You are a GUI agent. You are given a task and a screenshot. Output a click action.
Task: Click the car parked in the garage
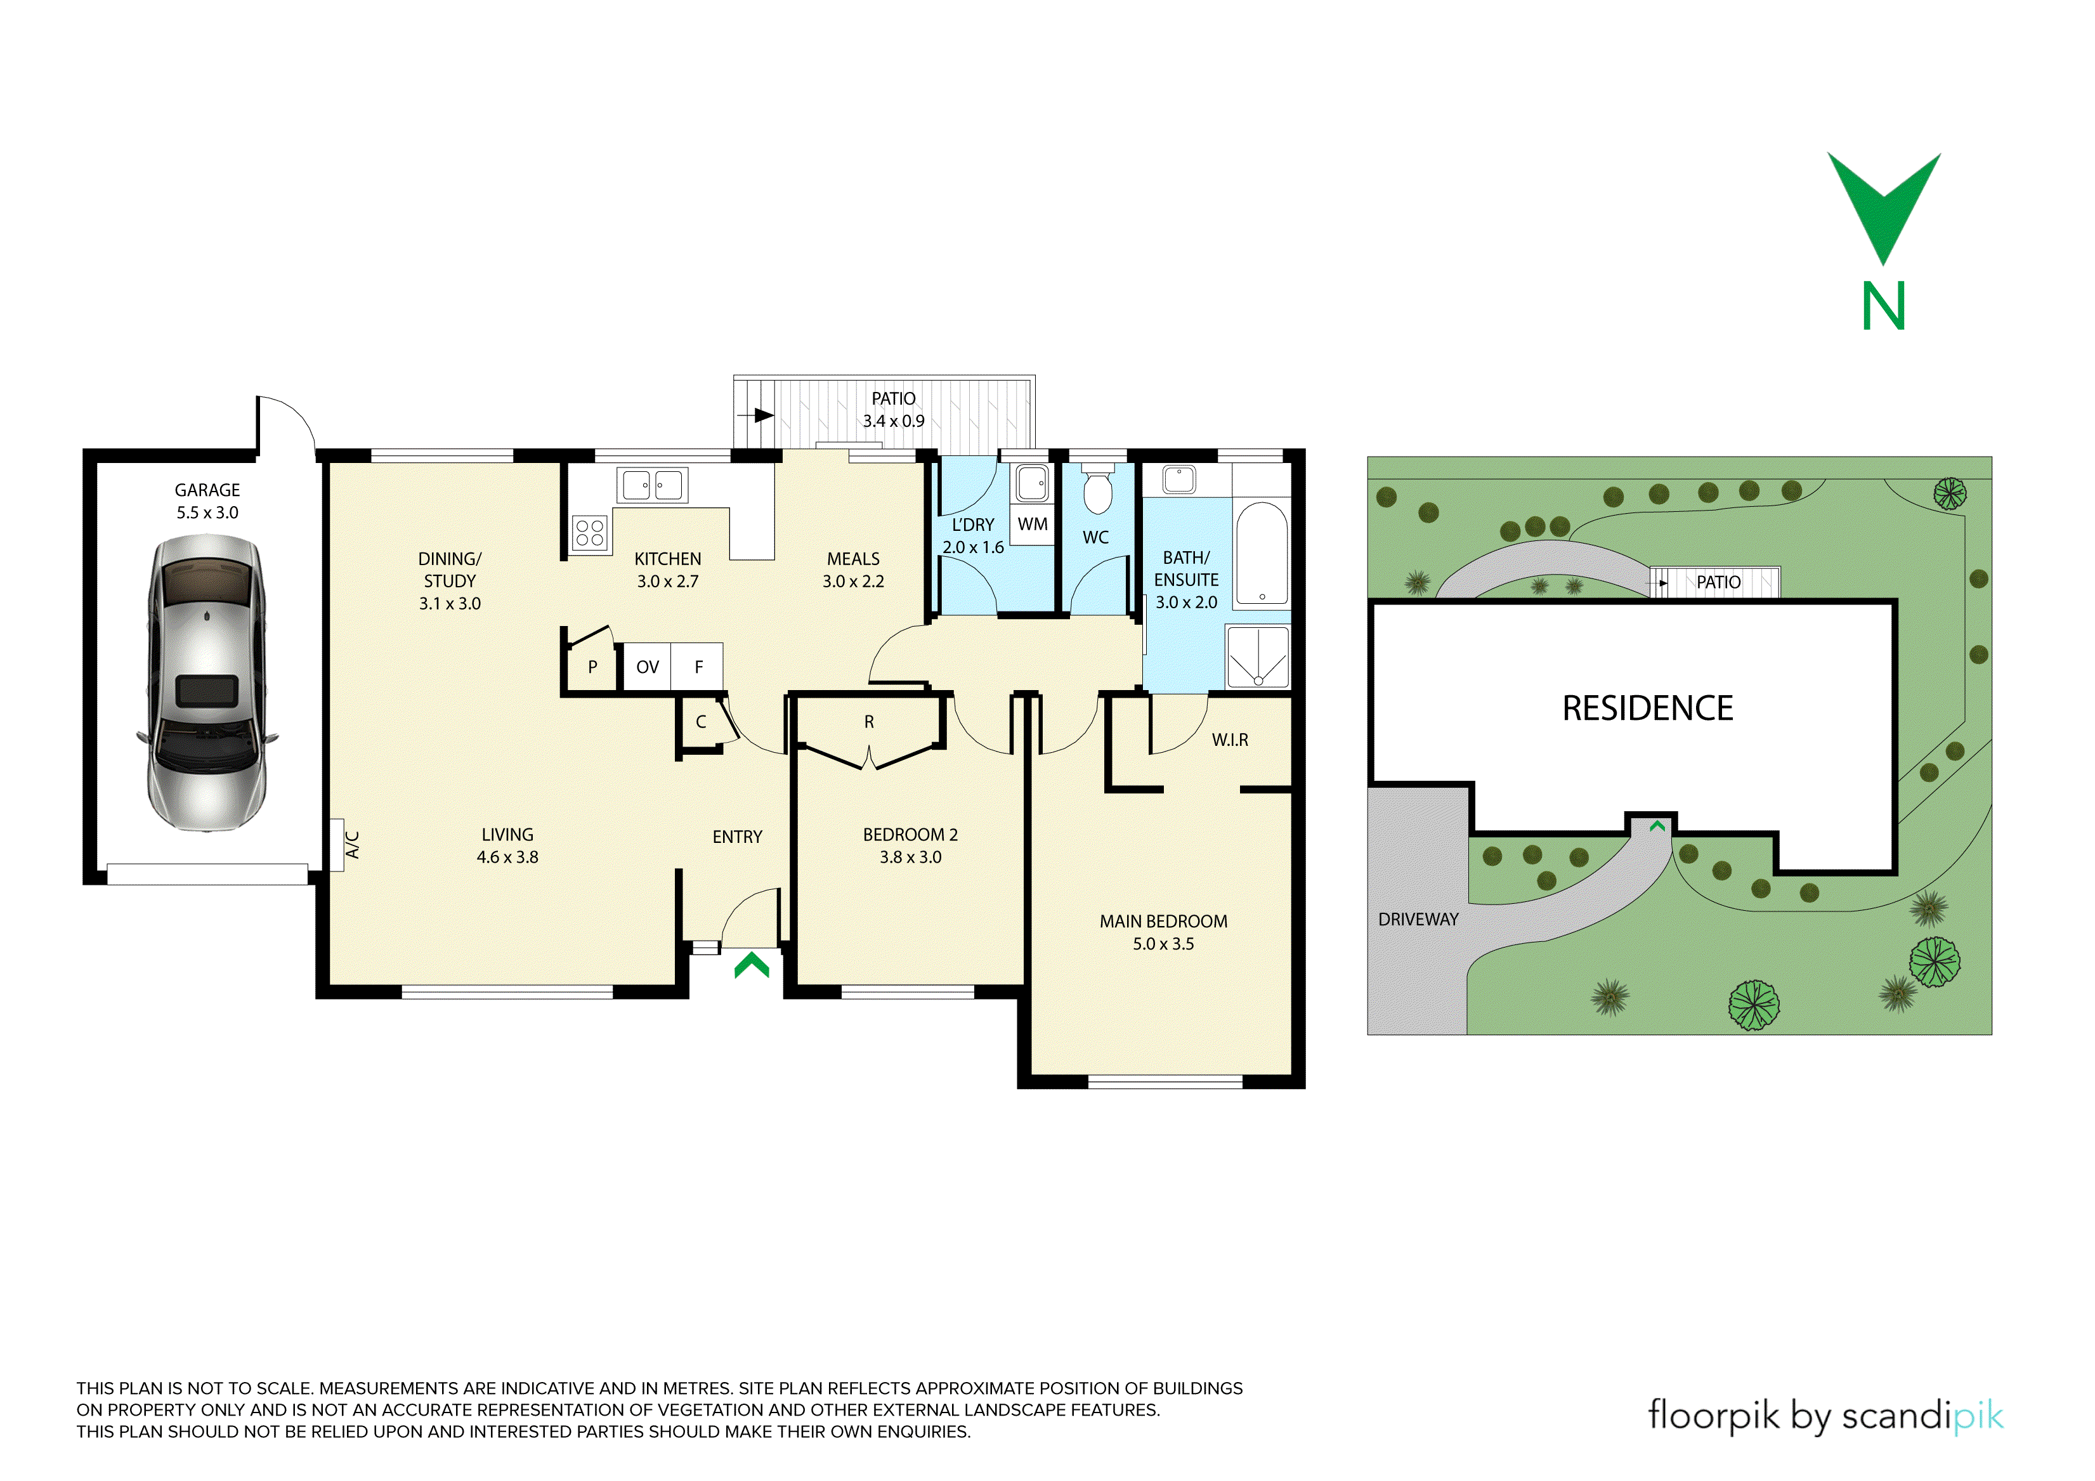tap(207, 682)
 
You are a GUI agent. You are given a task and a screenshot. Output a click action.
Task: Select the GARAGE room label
tap(207, 490)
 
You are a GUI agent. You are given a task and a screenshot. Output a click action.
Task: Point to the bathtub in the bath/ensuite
tap(1262, 554)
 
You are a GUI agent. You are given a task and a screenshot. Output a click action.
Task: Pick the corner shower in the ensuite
tap(1258, 656)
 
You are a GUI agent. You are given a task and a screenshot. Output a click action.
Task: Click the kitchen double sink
tap(653, 485)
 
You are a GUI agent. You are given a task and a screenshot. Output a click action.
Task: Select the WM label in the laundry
tap(1033, 525)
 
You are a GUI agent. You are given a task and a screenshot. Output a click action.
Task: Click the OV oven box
tap(647, 667)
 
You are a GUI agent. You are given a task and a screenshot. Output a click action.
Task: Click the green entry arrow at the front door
tap(752, 965)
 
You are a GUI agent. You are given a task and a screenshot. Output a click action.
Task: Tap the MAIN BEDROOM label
tap(1163, 922)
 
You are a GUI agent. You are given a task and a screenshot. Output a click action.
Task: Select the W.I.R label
tap(1230, 740)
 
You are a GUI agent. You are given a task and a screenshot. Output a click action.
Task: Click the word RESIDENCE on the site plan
tap(1648, 708)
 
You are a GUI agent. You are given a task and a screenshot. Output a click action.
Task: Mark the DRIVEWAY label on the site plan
tap(1418, 920)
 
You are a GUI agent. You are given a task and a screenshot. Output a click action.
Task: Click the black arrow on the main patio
tap(757, 416)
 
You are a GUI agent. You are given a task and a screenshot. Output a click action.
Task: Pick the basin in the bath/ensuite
tap(1179, 479)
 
